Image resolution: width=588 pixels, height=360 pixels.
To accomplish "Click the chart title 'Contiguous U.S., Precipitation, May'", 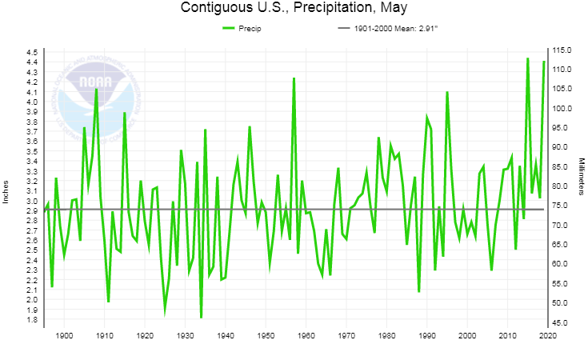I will pyautogui.click(x=294, y=9).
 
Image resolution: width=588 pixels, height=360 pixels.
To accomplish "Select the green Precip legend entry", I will pyautogui.click(x=242, y=29).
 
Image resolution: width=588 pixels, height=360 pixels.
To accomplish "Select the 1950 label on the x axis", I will pyautogui.click(x=266, y=335).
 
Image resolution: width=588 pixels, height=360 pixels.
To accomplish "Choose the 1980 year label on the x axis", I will pyautogui.click(x=386, y=335).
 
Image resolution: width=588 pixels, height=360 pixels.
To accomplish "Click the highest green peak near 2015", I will pyautogui.click(x=528, y=58).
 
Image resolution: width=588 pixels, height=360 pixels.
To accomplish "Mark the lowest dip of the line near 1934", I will pyautogui.click(x=201, y=318).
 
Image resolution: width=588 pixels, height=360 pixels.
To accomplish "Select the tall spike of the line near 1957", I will pyautogui.click(x=294, y=78).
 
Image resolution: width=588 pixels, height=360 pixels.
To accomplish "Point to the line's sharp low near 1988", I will pyautogui.click(x=418, y=291).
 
